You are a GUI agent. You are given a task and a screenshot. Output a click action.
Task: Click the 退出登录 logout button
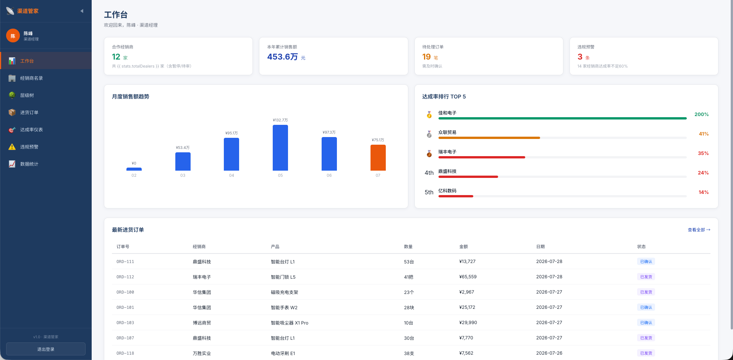(x=46, y=349)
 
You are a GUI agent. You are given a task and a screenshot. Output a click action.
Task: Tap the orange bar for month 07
(x=378, y=158)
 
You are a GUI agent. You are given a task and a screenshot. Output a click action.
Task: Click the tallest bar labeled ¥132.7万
(x=280, y=148)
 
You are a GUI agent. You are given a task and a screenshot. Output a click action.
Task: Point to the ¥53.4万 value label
(x=183, y=147)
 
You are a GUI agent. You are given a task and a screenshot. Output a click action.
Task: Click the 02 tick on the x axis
(x=134, y=175)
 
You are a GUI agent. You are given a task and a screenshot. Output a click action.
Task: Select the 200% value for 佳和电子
(x=701, y=114)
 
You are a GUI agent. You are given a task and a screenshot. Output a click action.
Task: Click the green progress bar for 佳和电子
(x=562, y=118)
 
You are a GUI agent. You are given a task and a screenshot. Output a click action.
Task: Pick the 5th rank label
(x=429, y=192)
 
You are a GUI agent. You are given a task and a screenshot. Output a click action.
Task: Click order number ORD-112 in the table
(x=125, y=277)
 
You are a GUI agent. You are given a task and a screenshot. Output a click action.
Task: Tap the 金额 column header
(x=463, y=247)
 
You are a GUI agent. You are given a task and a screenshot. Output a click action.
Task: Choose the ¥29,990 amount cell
(x=468, y=323)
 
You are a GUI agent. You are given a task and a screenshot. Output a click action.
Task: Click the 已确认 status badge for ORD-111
(x=646, y=262)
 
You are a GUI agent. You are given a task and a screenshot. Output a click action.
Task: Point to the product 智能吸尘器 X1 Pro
(x=290, y=323)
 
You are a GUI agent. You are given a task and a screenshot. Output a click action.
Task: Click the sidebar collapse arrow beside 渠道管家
(x=82, y=11)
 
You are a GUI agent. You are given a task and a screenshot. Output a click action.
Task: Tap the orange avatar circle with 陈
(x=13, y=36)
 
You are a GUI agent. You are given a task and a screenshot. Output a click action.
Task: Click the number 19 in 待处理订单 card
(x=426, y=57)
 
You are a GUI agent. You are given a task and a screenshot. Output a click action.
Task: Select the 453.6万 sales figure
(x=282, y=57)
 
